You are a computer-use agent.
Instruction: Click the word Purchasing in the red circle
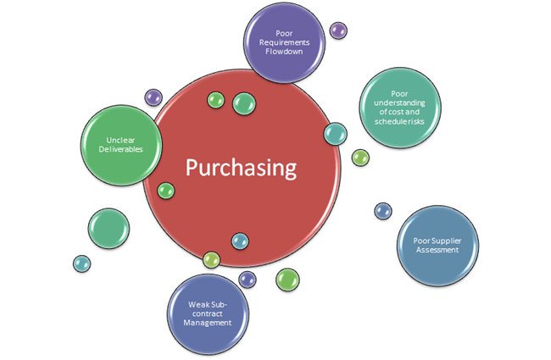click(242, 167)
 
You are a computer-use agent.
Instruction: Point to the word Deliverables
click(120, 149)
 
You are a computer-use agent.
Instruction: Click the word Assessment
click(437, 250)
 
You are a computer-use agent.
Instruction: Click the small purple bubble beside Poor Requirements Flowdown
click(338, 30)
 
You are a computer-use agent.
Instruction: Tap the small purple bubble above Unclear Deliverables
click(153, 97)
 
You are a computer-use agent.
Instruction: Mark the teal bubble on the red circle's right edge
click(336, 133)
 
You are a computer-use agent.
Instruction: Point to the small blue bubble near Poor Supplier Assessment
click(383, 209)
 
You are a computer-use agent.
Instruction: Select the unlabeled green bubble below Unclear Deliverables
click(109, 227)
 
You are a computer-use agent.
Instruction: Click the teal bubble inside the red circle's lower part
click(240, 241)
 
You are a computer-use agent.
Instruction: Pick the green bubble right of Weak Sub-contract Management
click(287, 279)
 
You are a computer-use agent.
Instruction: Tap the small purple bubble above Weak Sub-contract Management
click(247, 278)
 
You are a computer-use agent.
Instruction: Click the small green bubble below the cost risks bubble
click(360, 157)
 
